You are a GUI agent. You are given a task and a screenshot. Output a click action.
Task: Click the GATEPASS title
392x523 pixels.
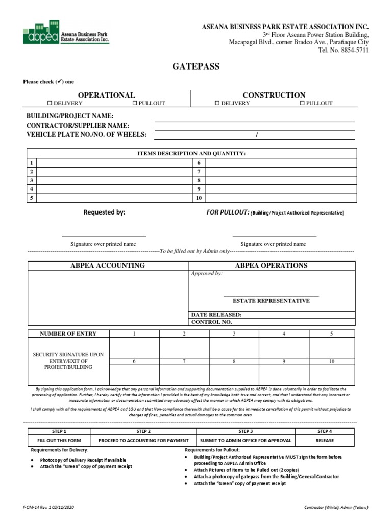pos(195,67)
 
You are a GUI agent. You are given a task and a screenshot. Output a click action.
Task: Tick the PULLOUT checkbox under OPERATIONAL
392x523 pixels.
pos(135,103)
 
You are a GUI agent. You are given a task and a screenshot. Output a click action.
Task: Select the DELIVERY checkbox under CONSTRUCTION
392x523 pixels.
pos(217,103)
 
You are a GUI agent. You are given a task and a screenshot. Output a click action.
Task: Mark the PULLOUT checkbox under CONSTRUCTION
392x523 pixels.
pos(302,103)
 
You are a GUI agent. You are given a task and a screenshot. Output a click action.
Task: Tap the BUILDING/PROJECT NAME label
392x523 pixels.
pos(70,116)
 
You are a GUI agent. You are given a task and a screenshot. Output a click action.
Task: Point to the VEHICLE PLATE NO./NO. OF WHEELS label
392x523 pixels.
pos(86,134)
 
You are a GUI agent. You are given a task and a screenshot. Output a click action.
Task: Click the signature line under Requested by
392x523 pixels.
pos(104,236)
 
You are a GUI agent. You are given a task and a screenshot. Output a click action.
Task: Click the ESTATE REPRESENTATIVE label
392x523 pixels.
pos(271,301)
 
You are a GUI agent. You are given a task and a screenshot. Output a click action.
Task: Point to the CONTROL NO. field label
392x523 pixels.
pos(211,322)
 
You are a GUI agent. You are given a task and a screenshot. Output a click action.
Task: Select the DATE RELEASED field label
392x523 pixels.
pos(216,315)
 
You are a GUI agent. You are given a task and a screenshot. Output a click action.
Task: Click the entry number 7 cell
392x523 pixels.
pos(184,361)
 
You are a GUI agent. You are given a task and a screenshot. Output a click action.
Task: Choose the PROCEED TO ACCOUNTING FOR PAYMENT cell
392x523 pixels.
pos(143,440)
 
